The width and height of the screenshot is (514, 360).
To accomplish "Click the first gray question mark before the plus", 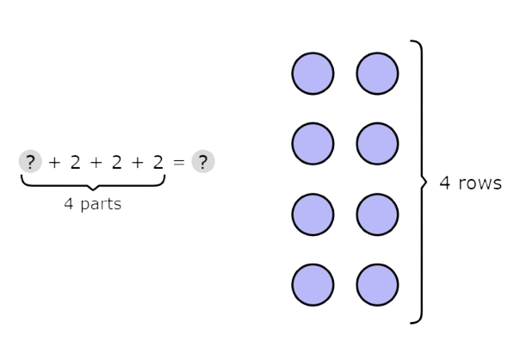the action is pos(30,161).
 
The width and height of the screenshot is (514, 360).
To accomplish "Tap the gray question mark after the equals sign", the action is pos(203,161).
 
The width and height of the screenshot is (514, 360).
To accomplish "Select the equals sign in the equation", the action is pos(179,162).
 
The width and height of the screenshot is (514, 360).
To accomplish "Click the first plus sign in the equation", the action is pos(54,162).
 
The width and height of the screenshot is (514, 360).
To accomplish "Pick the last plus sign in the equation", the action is pos(138,162).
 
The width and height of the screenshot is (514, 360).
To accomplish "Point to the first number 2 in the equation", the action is pos(76,162).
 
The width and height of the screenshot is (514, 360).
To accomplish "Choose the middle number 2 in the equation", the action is pos(117,162).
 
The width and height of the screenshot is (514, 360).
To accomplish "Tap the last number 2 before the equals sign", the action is pos(158,162).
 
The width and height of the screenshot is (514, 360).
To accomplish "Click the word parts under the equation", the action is pos(101,205).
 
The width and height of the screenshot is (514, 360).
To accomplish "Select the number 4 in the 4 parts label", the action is pos(69,203).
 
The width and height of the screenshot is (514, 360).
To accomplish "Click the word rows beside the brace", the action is pos(480,183).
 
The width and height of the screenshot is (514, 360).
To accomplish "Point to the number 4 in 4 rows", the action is pos(444,183).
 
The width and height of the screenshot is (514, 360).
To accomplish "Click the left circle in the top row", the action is pos(313,73).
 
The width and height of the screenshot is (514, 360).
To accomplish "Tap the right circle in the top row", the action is pos(378,73).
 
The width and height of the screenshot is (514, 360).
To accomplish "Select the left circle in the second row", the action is pos(313,144).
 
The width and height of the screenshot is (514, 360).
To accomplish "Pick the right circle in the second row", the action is pos(378,144).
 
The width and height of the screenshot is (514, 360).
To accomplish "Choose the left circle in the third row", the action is pos(313,214).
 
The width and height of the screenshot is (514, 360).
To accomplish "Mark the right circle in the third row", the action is pos(378,214).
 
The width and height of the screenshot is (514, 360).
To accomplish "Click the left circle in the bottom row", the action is pos(313,285).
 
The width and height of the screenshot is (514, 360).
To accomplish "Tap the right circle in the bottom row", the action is pos(378,285).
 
